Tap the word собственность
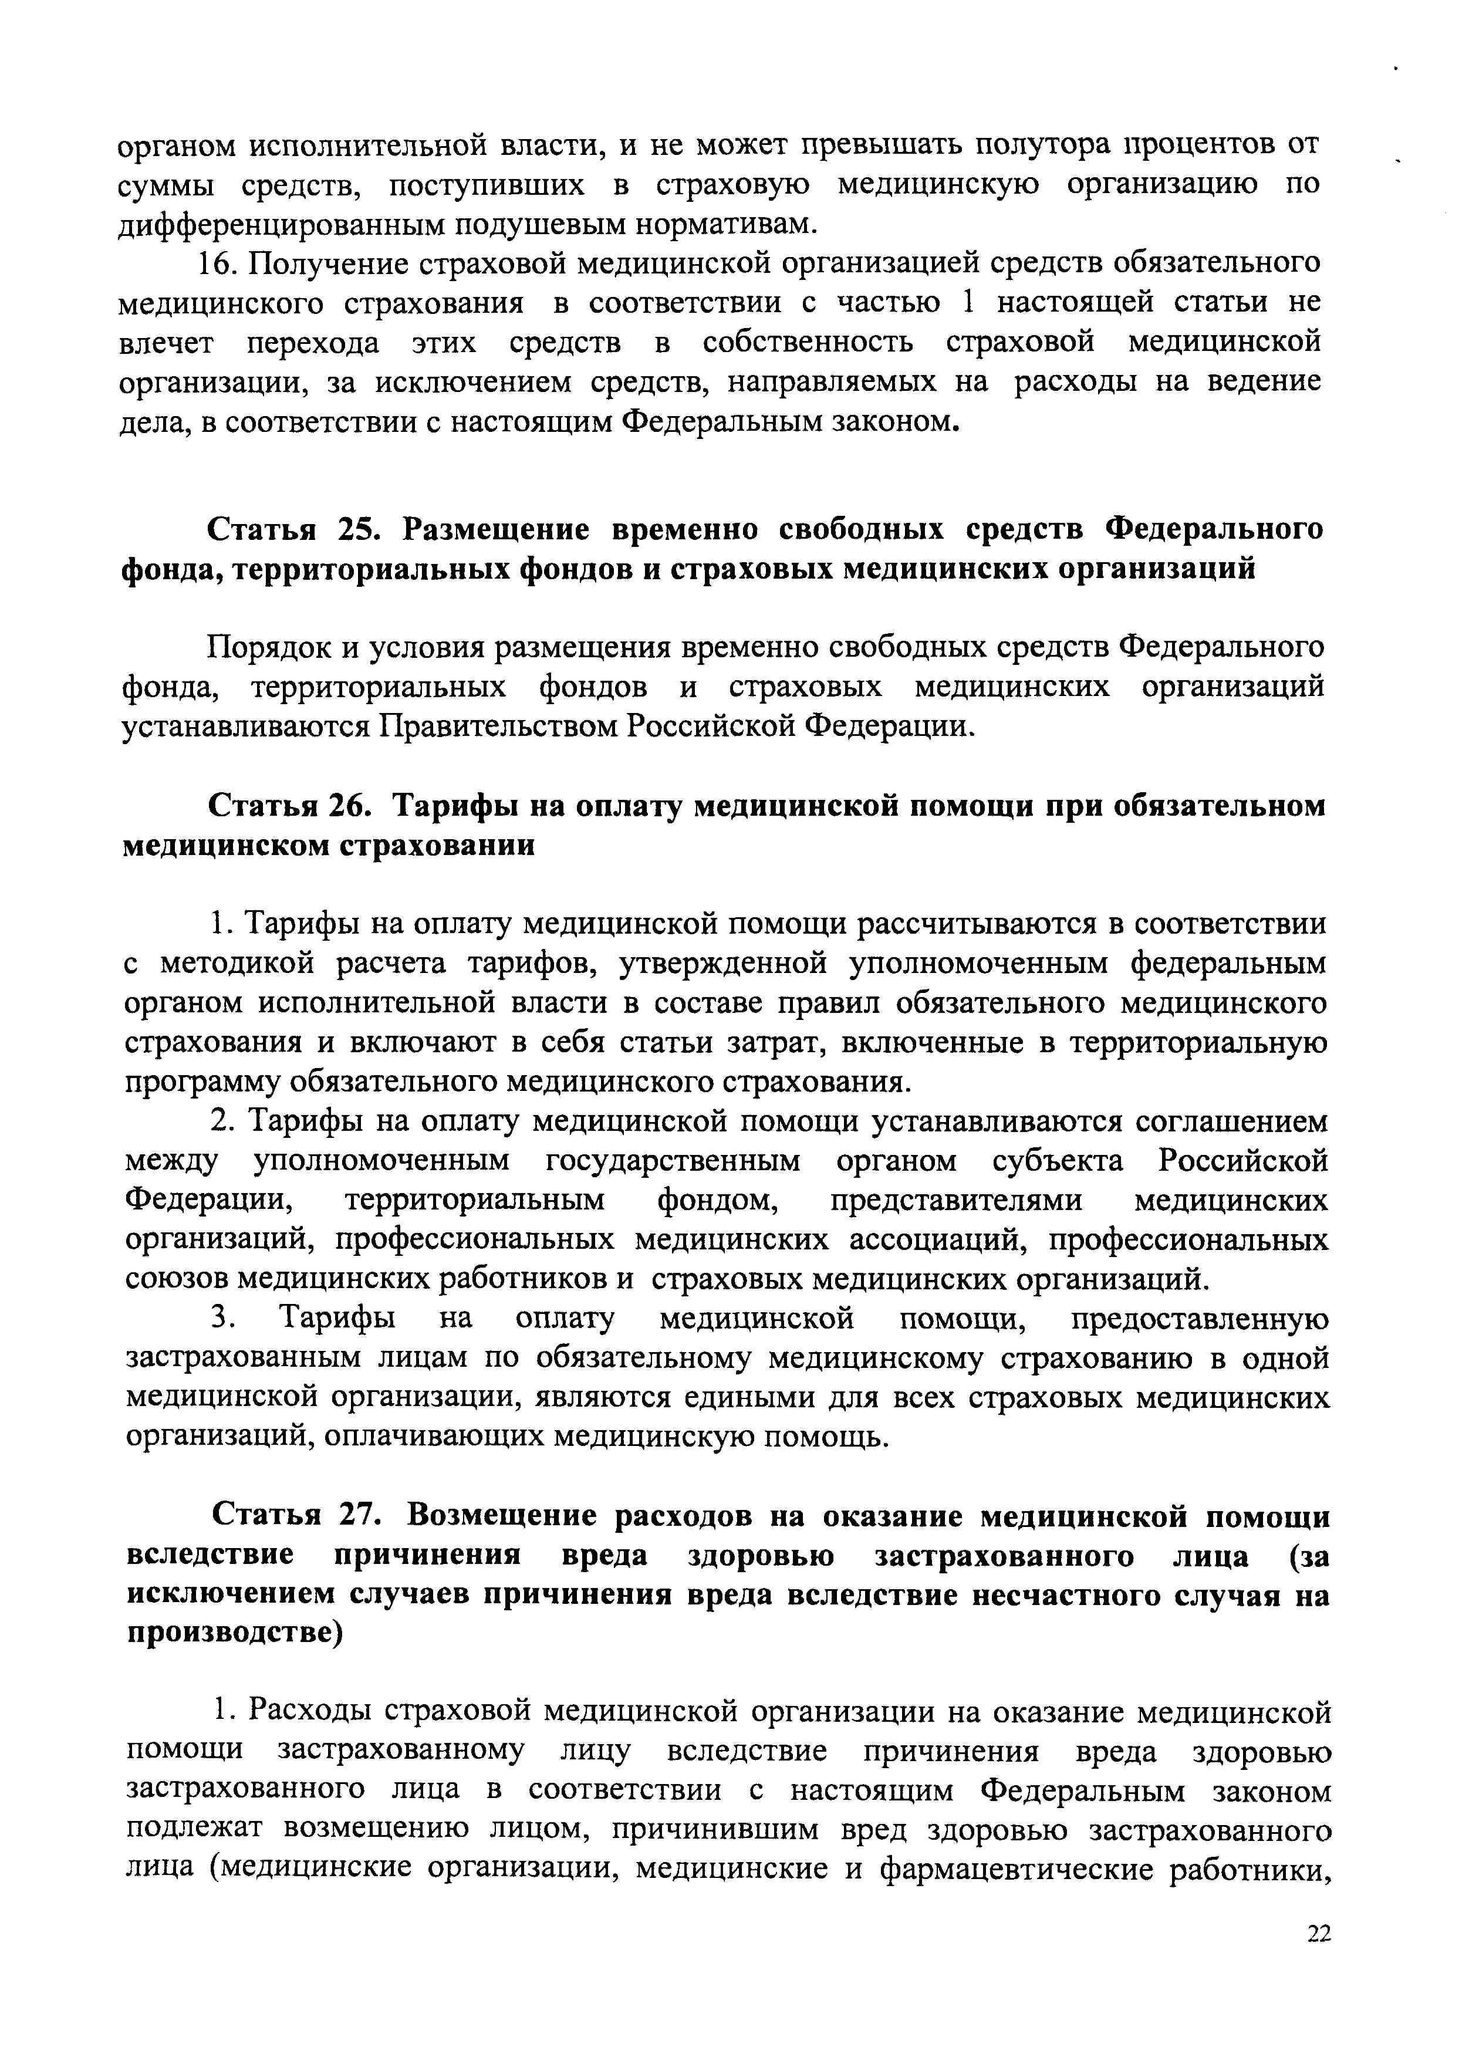[x=808, y=343]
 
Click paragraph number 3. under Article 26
[x=224, y=1319]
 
